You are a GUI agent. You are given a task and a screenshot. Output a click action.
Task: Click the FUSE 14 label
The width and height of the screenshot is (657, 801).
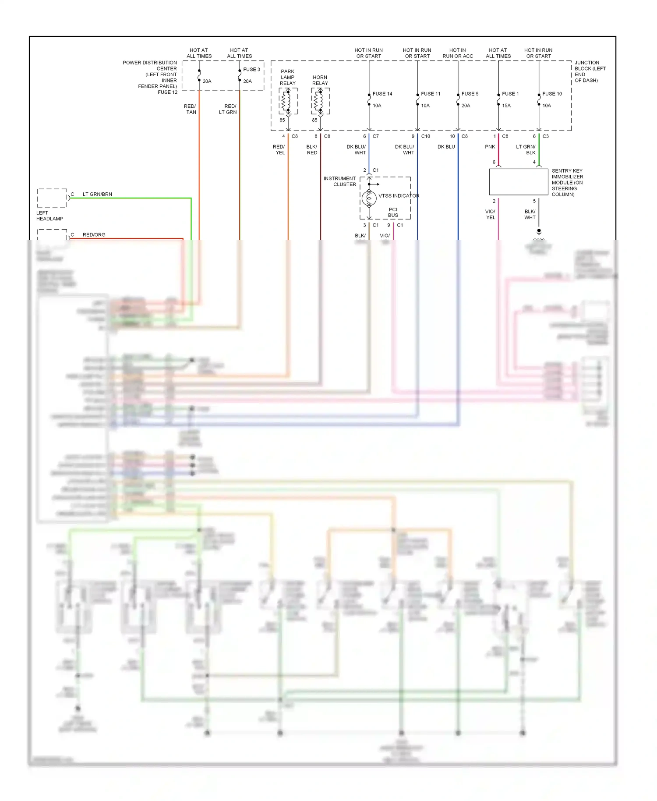pyautogui.click(x=382, y=94)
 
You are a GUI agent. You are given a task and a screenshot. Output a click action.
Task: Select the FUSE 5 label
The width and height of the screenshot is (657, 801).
pyautogui.click(x=470, y=94)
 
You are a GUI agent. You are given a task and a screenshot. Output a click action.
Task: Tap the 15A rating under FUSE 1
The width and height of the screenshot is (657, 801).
pyautogui.click(x=506, y=106)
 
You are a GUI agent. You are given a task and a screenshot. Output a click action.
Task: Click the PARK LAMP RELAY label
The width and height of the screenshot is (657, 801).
pyautogui.click(x=288, y=77)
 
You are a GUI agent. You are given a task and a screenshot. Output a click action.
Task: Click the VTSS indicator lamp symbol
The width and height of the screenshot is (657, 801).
pyautogui.click(x=369, y=198)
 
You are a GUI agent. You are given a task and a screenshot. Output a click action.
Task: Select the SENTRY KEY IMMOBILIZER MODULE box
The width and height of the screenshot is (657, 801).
pyautogui.click(x=518, y=182)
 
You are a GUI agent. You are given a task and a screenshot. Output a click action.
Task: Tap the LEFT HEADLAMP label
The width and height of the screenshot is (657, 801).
pyautogui.click(x=49, y=216)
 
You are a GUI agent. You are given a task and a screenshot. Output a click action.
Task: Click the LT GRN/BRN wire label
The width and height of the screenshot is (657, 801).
pyautogui.click(x=97, y=194)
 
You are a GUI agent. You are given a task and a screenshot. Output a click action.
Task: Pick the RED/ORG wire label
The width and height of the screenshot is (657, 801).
pyautogui.click(x=94, y=235)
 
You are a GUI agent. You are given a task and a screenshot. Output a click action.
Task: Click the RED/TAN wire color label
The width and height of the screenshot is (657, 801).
pyautogui.click(x=190, y=109)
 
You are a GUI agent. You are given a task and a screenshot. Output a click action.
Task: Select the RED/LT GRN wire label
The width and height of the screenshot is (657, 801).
pyautogui.click(x=228, y=109)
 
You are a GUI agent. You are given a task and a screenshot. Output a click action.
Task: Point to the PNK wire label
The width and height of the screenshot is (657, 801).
pyautogui.click(x=490, y=147)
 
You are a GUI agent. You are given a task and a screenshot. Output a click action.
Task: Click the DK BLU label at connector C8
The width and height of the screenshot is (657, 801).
pyautogui.click(x=446, y=147)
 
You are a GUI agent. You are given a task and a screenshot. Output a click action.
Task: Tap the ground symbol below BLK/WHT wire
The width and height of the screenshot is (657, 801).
pyautogui.click(x=539, y=231)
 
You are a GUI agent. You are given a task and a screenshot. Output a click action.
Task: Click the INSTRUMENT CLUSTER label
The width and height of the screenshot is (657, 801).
pyautogui.click(x=340, y=181)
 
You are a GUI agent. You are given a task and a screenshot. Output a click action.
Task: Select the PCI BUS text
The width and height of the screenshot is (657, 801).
pyautogui.click(x=393, y=212)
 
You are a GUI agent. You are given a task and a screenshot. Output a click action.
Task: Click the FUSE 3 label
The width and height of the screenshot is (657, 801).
pyautogui.click(x=251, y=70)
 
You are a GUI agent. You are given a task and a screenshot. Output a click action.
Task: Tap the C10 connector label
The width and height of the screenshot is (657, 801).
pyautogui.click(x=425, y=136)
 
